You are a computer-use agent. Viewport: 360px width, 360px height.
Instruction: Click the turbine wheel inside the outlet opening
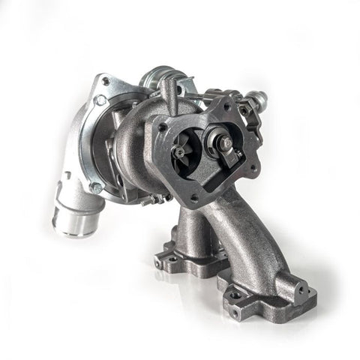(181, 151)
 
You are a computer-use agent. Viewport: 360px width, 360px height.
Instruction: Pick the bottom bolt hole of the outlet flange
(194, 199)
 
